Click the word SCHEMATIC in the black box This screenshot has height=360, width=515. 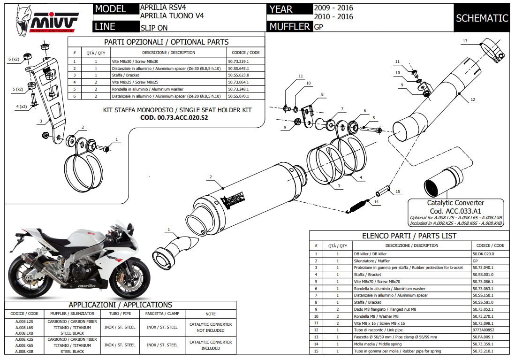click(x=482, y=18)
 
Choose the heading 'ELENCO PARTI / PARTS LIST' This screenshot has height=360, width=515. click(x=409, y=236)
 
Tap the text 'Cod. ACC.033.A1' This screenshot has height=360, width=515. click(x=455, y=211)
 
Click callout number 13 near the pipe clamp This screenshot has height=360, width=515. click(x=465, y=41)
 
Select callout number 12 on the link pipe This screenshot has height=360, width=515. click(x=473, y=100)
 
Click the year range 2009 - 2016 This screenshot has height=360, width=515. click(x=333, y=8)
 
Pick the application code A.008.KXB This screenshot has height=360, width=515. click(x=24, y=352)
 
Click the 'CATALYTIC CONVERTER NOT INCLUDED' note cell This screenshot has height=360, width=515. click(x=211, y=327)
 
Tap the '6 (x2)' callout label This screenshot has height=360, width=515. click(x=14, y=59)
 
